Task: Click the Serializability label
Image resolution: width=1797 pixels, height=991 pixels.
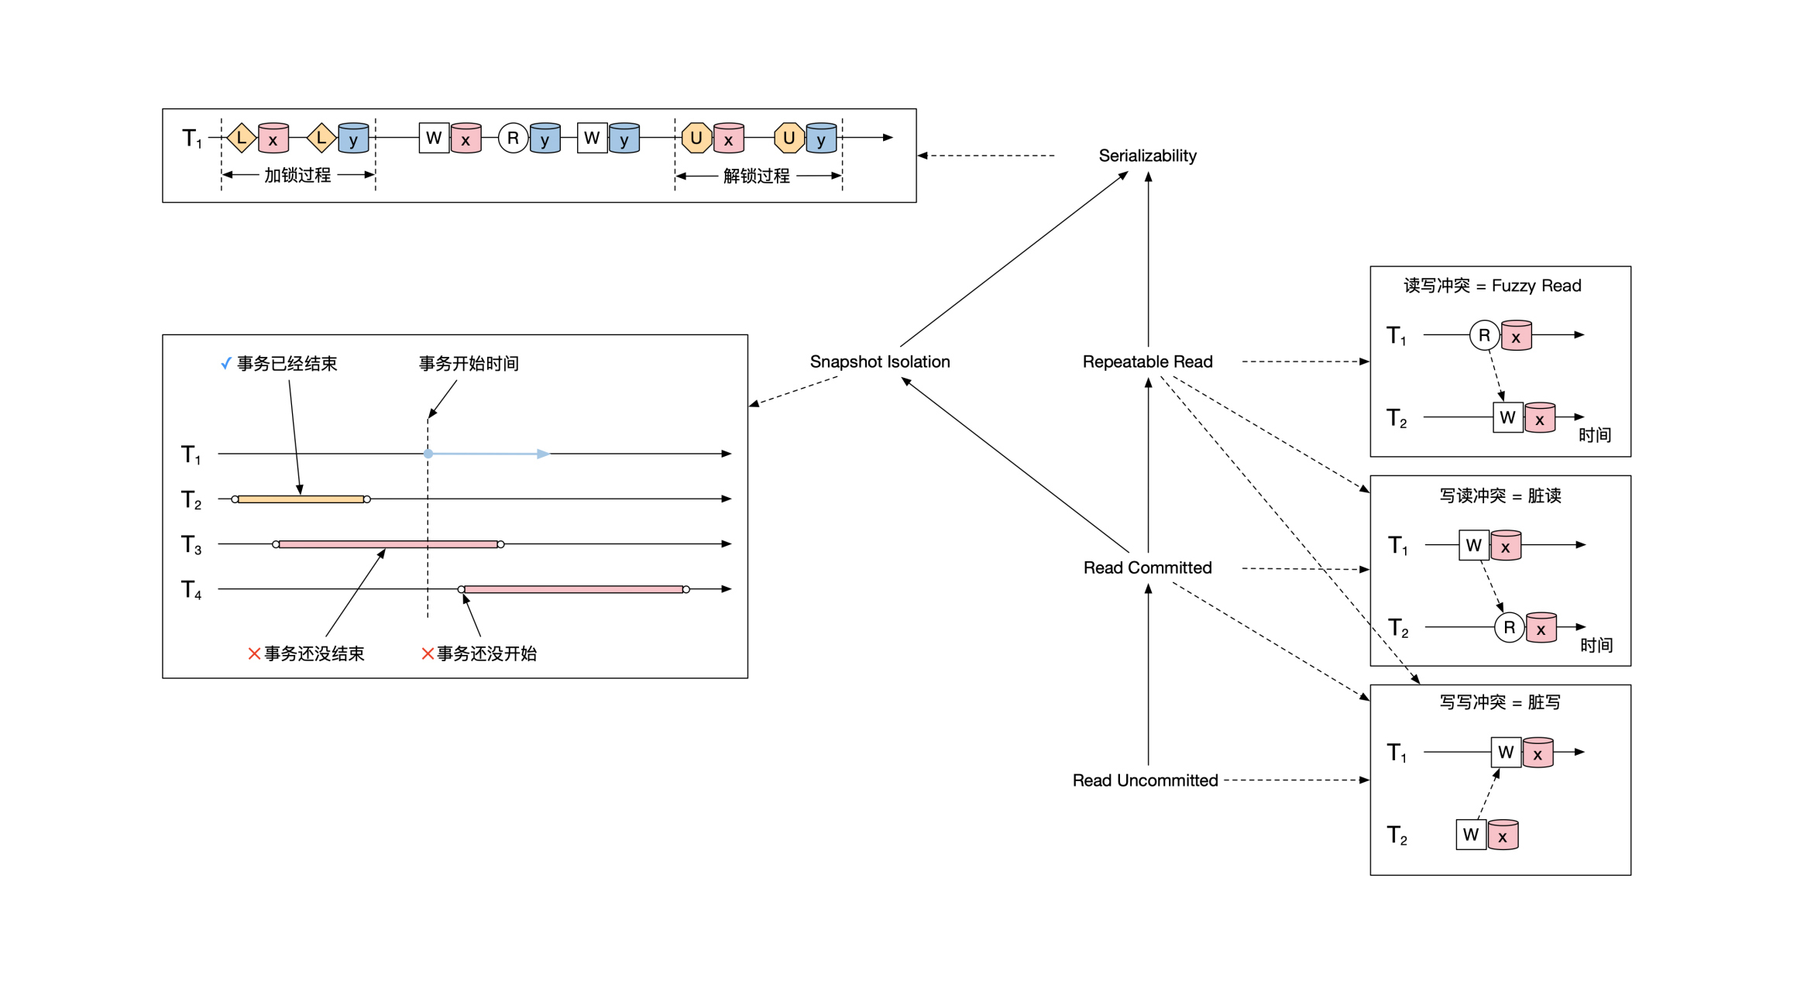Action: point(1147,156)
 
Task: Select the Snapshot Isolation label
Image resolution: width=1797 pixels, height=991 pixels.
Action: point(879,362)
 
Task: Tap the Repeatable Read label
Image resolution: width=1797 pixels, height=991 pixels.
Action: point(1147,362)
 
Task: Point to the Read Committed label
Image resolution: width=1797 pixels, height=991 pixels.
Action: point(1147,568)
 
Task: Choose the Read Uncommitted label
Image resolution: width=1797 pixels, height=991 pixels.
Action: point(1145,780)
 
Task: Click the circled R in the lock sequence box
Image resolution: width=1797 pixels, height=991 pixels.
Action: point(513,139)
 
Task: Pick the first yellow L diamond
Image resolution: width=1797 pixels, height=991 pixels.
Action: point(242,139)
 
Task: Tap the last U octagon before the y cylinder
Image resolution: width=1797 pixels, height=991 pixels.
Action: point(789,139)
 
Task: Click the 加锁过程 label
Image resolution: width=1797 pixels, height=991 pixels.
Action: point(297,176)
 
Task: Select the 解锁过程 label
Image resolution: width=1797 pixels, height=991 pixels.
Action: point(756,177)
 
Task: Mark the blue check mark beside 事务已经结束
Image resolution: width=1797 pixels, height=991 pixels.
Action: point(225,364)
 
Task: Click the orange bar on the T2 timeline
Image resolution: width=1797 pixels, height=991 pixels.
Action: point(301,499)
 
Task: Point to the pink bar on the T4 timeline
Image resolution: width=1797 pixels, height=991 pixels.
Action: point(573,590)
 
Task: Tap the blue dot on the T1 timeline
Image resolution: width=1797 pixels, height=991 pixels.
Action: point(428,454)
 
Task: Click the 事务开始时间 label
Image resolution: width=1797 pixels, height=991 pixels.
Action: point(469,364)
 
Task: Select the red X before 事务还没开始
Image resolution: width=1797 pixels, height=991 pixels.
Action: point(427,654)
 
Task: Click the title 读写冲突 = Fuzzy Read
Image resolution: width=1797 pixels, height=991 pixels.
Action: point(1492,286)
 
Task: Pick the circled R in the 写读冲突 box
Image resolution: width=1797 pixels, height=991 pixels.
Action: point(1509,627)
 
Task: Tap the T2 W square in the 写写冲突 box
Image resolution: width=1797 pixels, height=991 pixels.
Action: point(1470,835)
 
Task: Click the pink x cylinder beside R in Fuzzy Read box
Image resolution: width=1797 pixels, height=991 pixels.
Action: point(1516,336)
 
